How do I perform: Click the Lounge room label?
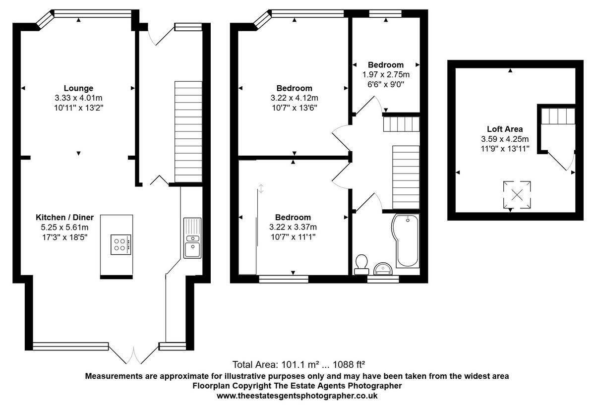tap(78, 88)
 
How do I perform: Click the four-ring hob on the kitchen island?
tap(120, 244)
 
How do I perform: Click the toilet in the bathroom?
tap(362, 264)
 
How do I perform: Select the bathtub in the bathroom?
tap(405, 240)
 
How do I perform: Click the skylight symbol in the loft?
tap(517, 194)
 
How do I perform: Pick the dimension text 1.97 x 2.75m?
tap(385, 74)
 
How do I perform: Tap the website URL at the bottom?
tap(297, 396)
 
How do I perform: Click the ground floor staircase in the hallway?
tap(188, 131)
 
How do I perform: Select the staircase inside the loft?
tap(557, 116)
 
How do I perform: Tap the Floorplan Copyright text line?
tap(297, 385)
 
